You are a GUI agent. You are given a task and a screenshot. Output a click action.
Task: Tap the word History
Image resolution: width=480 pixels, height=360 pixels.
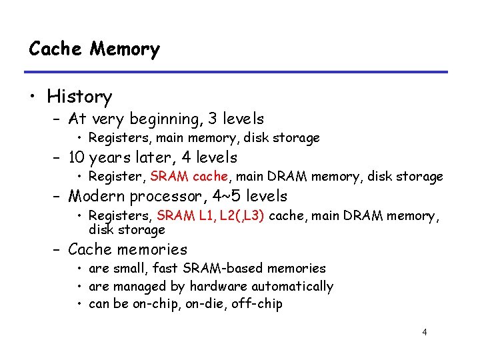point(79,97)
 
